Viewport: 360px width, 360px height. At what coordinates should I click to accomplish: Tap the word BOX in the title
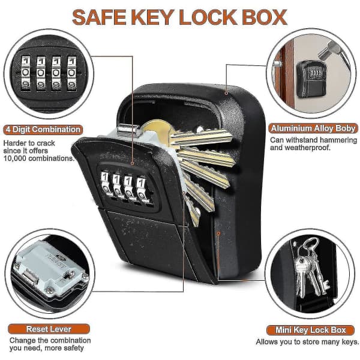(x=265, y=17)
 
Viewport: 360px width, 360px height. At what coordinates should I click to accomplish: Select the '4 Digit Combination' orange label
(x=43, y=130)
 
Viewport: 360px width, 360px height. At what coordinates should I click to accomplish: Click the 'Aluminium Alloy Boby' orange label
(x=313, y=128)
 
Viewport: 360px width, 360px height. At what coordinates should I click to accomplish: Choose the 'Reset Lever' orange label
(x=49, y=329)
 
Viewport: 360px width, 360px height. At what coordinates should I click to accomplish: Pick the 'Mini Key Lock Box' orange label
(x=310, y=330)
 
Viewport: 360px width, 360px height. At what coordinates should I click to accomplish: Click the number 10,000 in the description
(x=15, y=158)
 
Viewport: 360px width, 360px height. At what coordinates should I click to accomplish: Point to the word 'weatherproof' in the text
(x=306, y=148)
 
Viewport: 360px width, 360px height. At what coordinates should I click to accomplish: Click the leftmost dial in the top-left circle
(x=26, y=73)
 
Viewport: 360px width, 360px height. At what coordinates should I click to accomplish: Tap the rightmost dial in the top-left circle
(x=71, y=73)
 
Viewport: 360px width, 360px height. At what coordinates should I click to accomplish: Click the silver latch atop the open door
(x=128, y=129)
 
